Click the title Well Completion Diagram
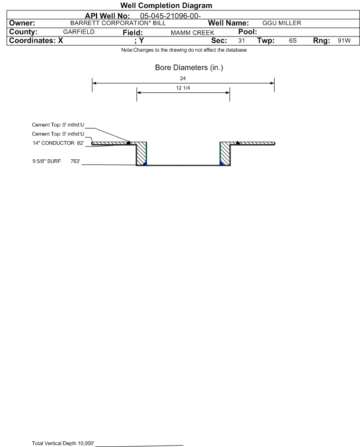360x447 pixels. click(x=166, y=5)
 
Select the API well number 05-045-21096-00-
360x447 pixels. click(x=170, y=16)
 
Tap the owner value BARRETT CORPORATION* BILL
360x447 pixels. click(x=118, y=23)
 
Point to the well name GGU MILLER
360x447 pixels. click(x=282, y=23)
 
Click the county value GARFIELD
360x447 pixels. click(x=79, y=32)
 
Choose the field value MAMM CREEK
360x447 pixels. click(x=192, y=33)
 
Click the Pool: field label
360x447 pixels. click(x=248, y=32)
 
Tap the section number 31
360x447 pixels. click(x=241, y=40)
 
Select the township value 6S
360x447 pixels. click(x=293, y=40)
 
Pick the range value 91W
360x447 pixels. click(x=344, y=40)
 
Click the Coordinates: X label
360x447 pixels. click(x=36, y=40)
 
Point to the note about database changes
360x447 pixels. click(x=184, y=50)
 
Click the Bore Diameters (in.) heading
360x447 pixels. click(x=189, y=68)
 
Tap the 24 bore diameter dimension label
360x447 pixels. click(x=183, y=78)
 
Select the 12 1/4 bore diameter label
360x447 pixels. click(x=183, y=88)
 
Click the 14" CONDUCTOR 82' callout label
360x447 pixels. click(x=58, y=143)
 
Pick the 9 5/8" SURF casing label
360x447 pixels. click(x=46, y=161)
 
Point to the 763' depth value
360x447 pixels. click(x=75, y=161)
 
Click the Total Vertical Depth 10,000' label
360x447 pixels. click(x=63, y=443)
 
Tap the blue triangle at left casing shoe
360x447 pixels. click(x=145, y=164)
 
